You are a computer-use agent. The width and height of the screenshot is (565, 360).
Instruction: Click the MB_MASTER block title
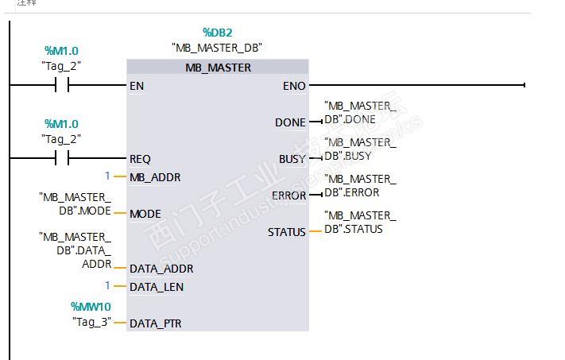(x=218, y=68)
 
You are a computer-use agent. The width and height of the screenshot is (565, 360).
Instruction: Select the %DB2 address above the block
(x=218, y=33)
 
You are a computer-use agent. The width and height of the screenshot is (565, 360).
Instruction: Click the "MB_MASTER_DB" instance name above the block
(x=217, y=48)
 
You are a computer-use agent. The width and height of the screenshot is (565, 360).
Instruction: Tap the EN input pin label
(x=137, y=85)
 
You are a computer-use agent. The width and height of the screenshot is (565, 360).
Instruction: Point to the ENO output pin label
(x=292, y=85)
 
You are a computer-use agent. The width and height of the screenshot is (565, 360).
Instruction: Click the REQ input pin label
(x=140, y=159)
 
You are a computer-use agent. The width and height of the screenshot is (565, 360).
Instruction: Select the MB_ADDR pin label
(x=155, y=176)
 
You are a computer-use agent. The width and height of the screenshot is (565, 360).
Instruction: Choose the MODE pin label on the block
(x=145, y=213)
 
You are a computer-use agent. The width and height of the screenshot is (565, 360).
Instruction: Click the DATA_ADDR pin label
(x=161, y=269)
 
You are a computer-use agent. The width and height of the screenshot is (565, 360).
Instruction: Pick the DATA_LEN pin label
(x=157, y=286)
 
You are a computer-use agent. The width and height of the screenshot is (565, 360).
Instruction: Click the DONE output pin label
(x=290, y=122)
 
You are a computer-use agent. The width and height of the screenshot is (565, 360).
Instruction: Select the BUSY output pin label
(x=292, y=159)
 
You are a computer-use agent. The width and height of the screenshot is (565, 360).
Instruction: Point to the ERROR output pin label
(x=288, y=195)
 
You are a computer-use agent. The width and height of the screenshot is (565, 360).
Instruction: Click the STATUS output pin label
(x=286, y=232)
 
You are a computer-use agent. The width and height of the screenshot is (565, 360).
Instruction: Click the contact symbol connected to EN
(x=61, y=85)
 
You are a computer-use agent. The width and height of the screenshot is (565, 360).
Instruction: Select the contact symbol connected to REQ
(x=61, y=159)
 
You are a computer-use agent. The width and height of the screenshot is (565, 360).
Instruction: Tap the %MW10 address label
(x=91, y=307)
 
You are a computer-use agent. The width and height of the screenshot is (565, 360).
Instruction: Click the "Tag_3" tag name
(x=91, y=322)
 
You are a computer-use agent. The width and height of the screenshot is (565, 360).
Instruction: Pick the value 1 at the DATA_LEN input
(x=107, y=285)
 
